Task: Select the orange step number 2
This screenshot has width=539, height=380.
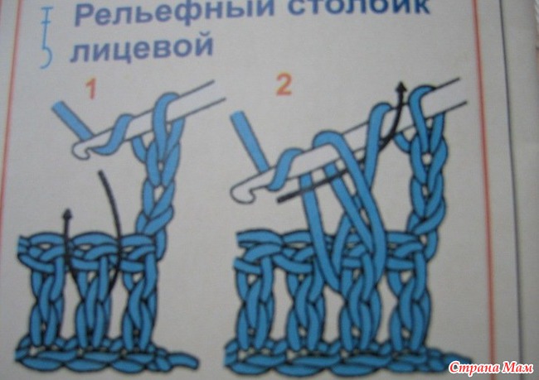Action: pos(284,84)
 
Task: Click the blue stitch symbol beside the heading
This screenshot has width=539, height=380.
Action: pos(46,38)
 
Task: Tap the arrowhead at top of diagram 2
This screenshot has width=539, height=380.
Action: pos(401,87)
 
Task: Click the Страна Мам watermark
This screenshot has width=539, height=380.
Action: pos(491,368)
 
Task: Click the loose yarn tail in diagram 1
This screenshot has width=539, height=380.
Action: pos(186,361)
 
